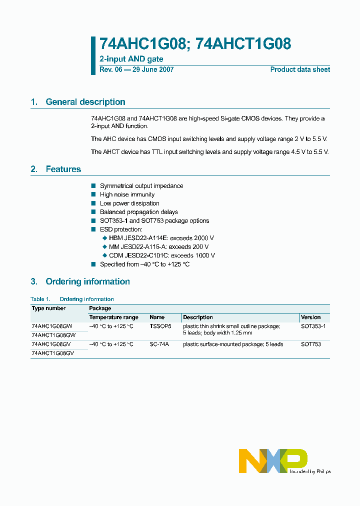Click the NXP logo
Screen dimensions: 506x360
273,460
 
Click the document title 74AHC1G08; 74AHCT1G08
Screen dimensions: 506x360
195,44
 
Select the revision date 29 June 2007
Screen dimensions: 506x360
152,70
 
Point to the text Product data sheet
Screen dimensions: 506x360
300,70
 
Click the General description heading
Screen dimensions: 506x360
85,102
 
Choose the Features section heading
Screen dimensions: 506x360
63,169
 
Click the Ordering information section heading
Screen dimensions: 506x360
87,281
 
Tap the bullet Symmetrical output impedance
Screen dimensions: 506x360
141,186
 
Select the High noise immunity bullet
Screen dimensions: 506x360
127,194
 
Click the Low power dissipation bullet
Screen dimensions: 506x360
129,203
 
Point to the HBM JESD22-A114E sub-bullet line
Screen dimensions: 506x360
161,238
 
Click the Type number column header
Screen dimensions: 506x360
48,308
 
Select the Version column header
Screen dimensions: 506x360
311,317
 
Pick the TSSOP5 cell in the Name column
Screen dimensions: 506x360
160,326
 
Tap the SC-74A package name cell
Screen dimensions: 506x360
159,344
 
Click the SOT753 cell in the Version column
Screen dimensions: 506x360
310,344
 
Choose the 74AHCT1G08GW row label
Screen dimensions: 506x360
53,335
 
